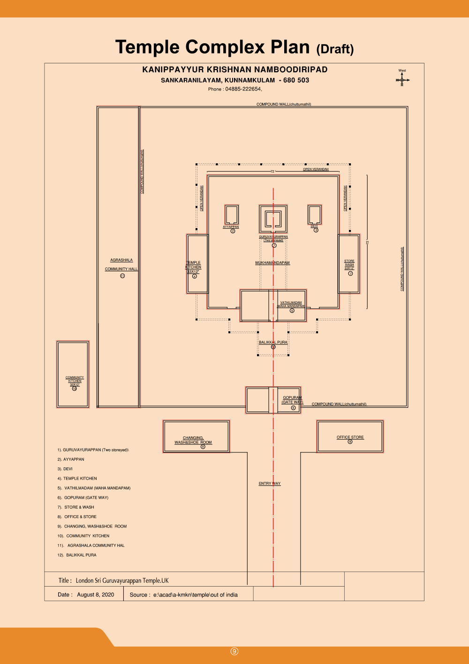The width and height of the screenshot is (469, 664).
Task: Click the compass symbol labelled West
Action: pyautogui.click(x=402, y=80)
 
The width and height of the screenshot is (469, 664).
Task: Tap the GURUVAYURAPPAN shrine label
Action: pyautogui.click(x=273, y=237)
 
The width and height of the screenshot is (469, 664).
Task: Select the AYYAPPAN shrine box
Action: pyautogui.click(x=232, y=214)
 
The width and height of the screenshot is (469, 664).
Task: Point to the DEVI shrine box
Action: pyautogui.click(x=314, y=214)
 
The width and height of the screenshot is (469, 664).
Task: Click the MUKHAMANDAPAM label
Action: pyautogui.click(x=272, y=263)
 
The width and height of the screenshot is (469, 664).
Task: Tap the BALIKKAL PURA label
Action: pyautogui.click(x=273, y=342)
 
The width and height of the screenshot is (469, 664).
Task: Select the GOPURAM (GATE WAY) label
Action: pyautogui.click(x=292, y=400)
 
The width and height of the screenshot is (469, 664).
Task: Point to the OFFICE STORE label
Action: pyautogui.click(x=350, y=437)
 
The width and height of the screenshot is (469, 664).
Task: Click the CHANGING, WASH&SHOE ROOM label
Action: pyautogui.click(x=193, y=440)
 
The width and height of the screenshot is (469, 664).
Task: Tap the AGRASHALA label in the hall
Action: pyautogui.click(x=121, y=260)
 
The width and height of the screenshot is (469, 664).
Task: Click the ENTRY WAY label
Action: pyautogui.click(x=270, y=483)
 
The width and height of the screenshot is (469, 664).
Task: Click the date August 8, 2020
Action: pyautogui.click(x=95, y=595)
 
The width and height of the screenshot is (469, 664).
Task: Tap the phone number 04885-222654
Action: pyautogui.click(x=243, y=89)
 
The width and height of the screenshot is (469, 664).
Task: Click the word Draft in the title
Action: pyautogui.click(x=335, y=49)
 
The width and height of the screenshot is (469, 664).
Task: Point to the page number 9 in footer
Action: pyautogui.click(x=234, y=651)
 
